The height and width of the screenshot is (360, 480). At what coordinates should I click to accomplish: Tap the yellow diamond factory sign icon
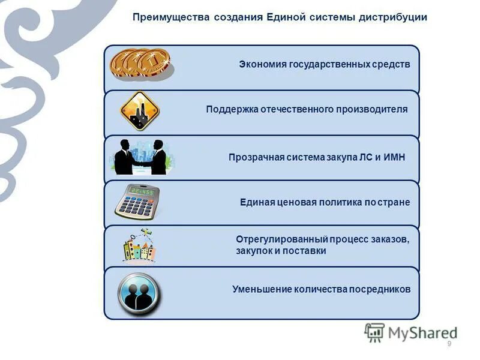tap(139, 111)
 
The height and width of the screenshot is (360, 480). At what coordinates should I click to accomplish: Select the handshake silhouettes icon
tap(140, 158)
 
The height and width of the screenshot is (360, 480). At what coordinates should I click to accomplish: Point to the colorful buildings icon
tap(139, 246)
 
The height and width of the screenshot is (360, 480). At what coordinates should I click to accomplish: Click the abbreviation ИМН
tap(394, 157)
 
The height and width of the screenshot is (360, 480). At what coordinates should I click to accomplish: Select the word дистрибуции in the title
tap(393, 17)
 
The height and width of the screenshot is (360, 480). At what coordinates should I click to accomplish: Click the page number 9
tap(449, 344)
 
